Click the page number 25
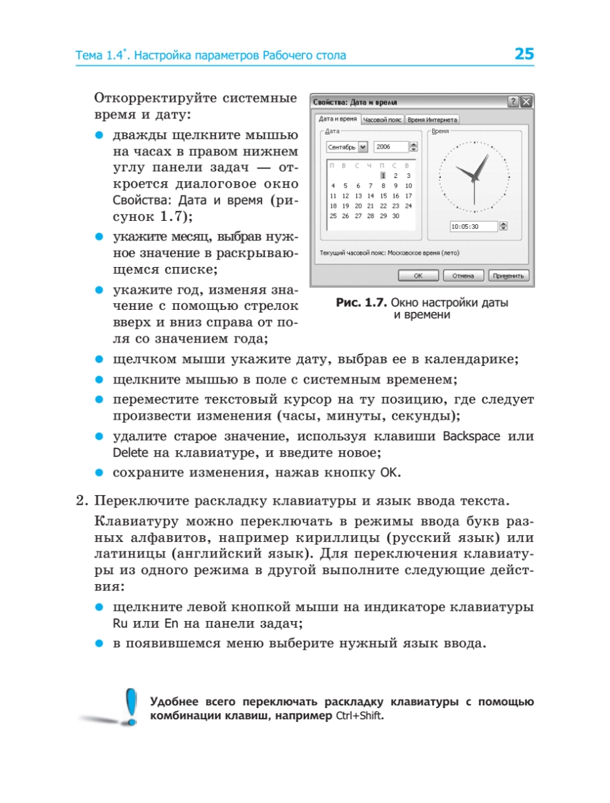click(x=524, y=54)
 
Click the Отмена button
click(x=463, y=276)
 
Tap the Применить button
click(x=508, y=276)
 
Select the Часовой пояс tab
click(x=383, y=120)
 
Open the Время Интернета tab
click(x=433, y=120)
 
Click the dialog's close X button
click(x=526, y=102)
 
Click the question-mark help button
click(x=514, y=102)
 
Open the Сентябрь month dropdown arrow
click(x=363, y=147)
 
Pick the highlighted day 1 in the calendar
click(x=383, y=175)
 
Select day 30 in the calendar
click(x=395, y=216)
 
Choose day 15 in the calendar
click(x=383, y=196)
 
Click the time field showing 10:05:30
click(x=473, y=227)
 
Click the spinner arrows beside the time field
click(x=504, y=227)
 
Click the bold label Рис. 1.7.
click(x=361, y=303)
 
